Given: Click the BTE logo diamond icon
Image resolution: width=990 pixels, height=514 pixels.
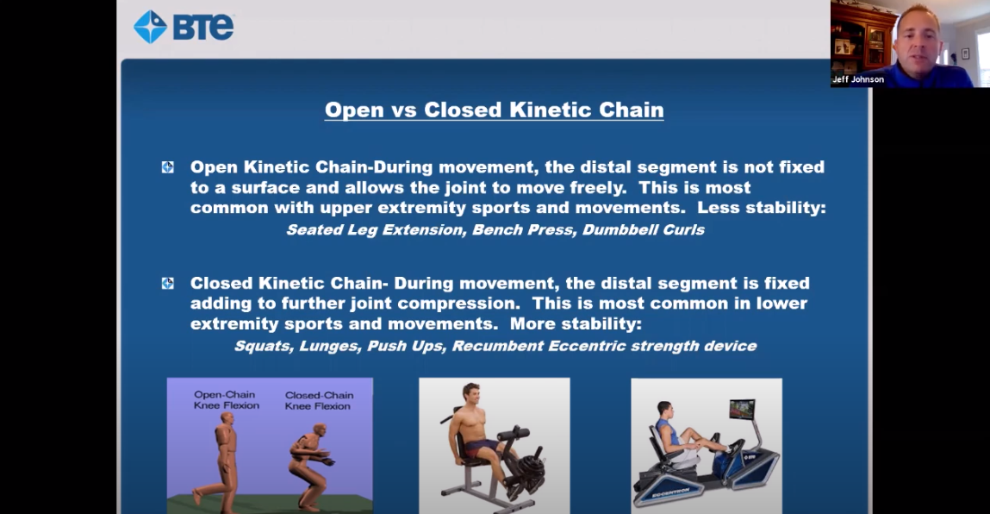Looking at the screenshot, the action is pos(150,27).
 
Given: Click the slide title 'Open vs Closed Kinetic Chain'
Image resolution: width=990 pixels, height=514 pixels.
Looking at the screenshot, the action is pos(494,110).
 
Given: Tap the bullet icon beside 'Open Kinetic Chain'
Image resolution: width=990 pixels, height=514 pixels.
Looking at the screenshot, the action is pos(167,167).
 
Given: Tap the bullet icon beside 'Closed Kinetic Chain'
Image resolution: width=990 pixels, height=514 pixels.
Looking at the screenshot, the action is pos(167,283).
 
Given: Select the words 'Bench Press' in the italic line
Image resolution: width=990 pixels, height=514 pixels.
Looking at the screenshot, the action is pos(522,229).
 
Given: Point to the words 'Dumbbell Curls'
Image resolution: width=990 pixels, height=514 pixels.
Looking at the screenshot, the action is pos(643,229).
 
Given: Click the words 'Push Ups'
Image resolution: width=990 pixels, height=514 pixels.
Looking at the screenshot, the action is pos(406,346).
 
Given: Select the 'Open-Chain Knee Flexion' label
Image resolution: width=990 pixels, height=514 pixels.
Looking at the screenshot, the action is pos(226,399).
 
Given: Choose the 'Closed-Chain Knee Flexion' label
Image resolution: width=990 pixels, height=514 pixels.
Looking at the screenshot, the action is pos(318,400).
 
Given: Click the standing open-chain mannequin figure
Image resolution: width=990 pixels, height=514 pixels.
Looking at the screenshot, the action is pos(221,461).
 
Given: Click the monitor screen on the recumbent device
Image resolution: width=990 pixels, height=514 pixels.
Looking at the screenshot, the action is pos(741,409).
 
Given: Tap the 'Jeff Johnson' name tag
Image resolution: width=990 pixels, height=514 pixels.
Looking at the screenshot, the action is pos(857,79).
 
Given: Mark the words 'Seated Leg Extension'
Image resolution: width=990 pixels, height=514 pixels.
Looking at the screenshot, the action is pos(377,229).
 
